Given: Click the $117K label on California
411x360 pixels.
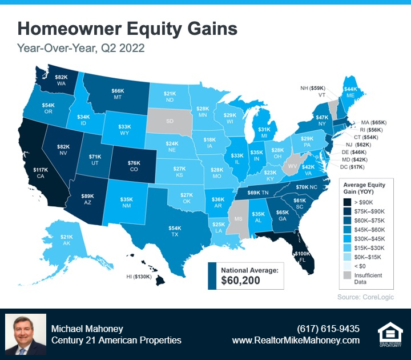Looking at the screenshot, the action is coord(41,170).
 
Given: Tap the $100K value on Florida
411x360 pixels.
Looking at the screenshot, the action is coord(302,254).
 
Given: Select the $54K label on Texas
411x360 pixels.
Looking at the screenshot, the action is coord(175,228).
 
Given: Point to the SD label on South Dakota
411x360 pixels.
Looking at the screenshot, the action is coord(170,121).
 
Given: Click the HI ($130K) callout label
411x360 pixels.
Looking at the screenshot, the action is coord(139,277).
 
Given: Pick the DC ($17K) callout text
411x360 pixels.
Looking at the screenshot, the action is coord(352,167).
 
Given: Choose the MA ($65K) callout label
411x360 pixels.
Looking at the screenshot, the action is coord(374,122).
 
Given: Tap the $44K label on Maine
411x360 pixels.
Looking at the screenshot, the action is coord(350,89).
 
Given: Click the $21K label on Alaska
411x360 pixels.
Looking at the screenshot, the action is coord(67,237).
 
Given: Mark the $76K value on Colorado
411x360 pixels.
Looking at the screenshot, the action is coord(134,163).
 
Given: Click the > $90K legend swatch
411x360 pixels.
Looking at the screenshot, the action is coord(347,202).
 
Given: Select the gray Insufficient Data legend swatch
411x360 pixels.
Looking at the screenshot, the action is coord(347,275).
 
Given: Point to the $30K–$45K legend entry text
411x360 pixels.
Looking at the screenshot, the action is coord(369,239).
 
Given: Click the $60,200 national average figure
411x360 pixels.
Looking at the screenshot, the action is coord(241,280).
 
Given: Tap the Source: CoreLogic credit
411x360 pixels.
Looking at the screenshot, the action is coord(366,297).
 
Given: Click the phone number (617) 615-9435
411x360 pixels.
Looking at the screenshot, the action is coord(328,329).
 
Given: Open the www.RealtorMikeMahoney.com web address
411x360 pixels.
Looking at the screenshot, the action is coord(296,341).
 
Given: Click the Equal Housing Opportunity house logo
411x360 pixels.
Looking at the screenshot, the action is coord(390,334).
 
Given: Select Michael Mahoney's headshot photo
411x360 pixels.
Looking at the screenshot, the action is coord(26,334).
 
